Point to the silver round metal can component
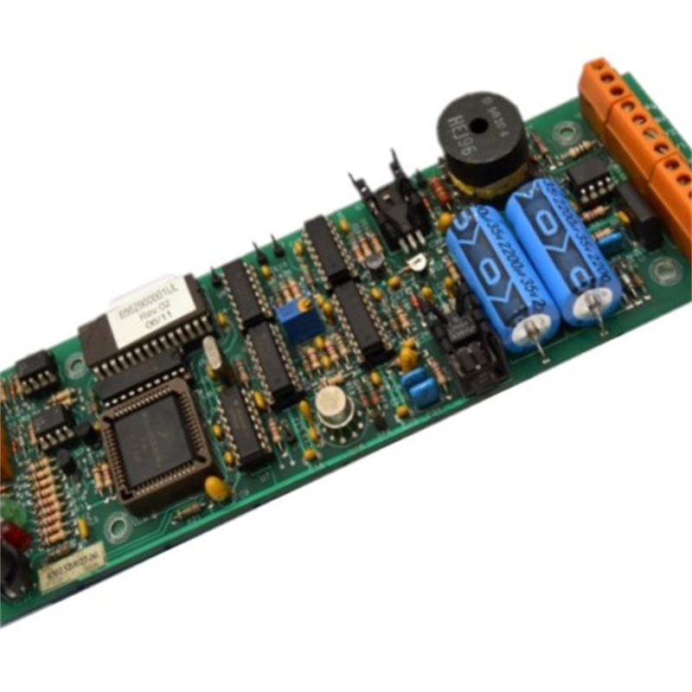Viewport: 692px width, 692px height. pos(333,405)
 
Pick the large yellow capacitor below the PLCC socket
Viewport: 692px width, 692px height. pos(218,490)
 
